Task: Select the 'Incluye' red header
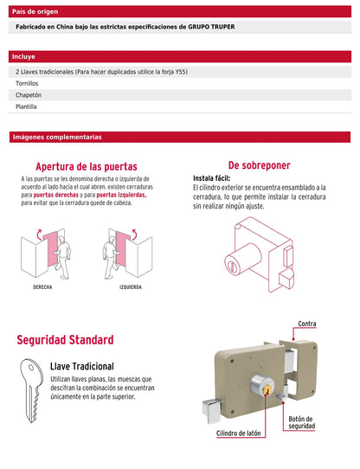click(x=180, y=55)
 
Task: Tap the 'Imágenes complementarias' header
click(x=180, y=137)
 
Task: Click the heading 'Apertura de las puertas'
click(x=86, y=166)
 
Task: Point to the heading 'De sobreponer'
click(x=259, y=164)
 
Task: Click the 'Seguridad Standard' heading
click(x=65, y=340)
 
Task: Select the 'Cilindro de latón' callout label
click(x=239, y=433)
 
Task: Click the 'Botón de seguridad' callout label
click(x=301, y=422)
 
